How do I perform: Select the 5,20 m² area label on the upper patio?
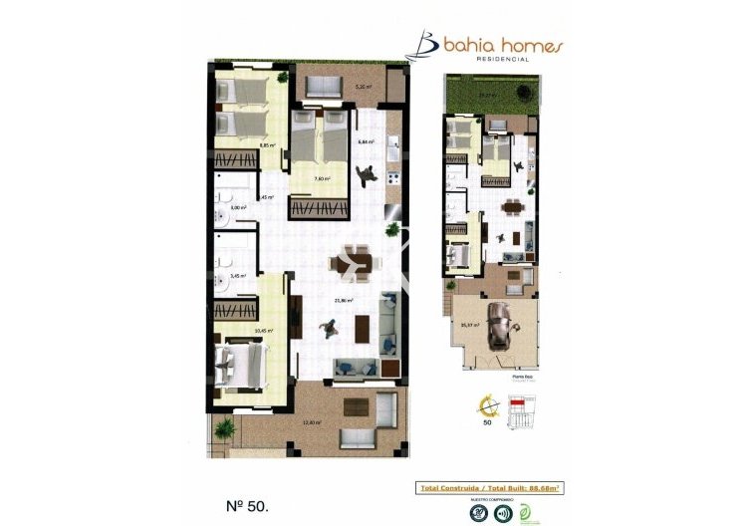(x=364, y=87)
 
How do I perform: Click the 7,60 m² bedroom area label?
(x=322, y=179)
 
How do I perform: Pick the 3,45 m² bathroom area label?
(x=237, y=276)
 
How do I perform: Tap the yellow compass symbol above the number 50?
(x=488, y=405)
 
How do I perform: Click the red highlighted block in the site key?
(x=515, y=403)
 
